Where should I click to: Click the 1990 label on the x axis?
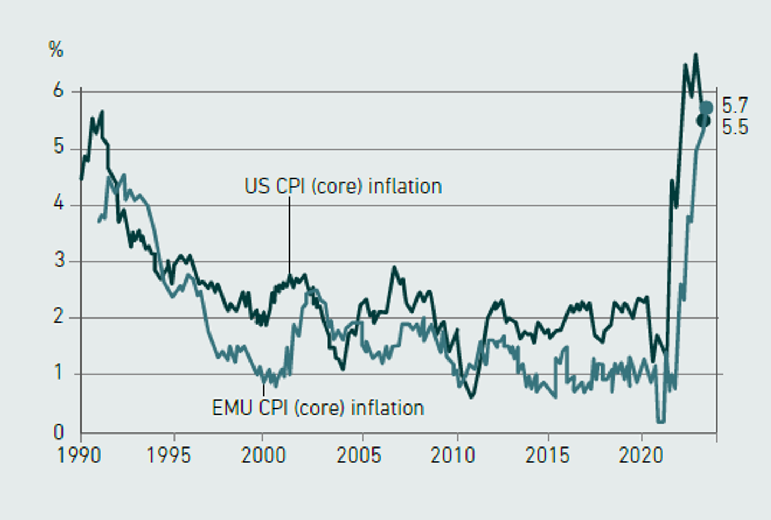coord(79,455)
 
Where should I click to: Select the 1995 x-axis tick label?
coord(169,455)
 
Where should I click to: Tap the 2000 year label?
coord(264,455)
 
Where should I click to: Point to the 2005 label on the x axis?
coord(359,455)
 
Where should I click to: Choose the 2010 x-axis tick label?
coord(453,455)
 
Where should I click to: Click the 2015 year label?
coord(548,455)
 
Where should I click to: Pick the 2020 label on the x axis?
coord(641,455)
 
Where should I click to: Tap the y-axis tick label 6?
coord(59,90)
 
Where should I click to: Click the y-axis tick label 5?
coord(59,146)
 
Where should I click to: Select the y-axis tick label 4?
coord(59,203)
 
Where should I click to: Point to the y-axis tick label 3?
coord(59,260)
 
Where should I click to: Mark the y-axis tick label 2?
coord(59,316)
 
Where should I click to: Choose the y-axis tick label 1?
coord(59,372)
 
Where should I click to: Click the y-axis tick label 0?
coord(59,432)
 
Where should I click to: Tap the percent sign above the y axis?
coord(56,50)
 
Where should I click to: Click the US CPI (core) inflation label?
coord(343,186)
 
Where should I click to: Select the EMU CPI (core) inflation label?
coord(318,408)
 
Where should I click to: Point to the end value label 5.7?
coord(735,106)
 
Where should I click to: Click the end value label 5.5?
coord(735,127)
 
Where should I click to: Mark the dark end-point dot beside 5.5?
coord(703,121)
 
